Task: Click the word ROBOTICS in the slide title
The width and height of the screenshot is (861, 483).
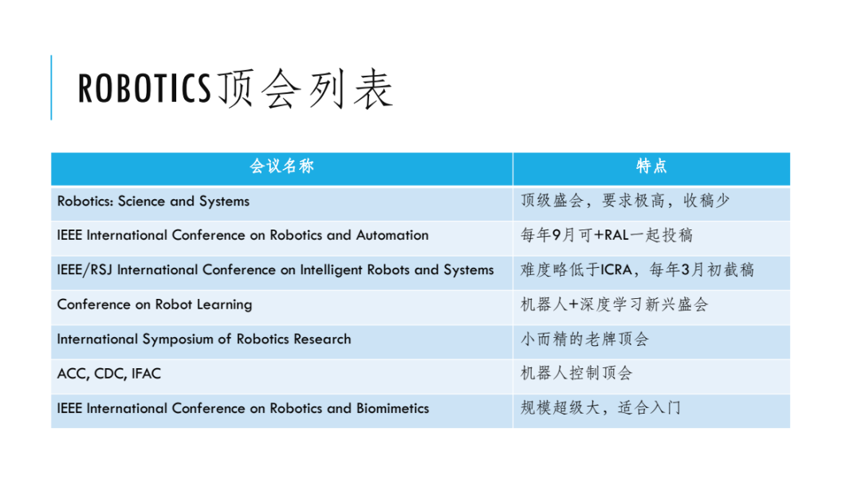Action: tap(144, 89)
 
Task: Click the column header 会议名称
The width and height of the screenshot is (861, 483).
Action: tap(281, 167)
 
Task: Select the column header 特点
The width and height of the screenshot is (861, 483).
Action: tap(651, 167)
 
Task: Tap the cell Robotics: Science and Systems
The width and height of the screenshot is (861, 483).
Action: tap(153, 202)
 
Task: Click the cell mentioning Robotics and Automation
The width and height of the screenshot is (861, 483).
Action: tap(242, 235)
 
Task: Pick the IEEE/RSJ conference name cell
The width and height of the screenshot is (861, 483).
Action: tap(275, 269)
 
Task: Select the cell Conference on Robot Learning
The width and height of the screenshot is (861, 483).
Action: tap(154, 304)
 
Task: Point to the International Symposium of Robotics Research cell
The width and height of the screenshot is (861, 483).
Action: tap(203, 339)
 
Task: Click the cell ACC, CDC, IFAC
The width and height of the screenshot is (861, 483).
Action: tap(108, 373)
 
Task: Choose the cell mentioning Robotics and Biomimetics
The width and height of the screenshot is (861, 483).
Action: tap(242, 408)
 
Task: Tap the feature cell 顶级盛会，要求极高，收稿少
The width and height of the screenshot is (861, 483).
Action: tap(625, 202)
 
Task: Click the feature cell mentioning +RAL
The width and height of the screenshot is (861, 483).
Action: tap(607, 235)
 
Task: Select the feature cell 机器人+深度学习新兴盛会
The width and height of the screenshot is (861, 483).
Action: tap(614, 304)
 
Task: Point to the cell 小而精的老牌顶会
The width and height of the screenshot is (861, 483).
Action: tap(585, 339)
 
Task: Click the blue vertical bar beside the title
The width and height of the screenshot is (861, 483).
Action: tap(52, 88)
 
